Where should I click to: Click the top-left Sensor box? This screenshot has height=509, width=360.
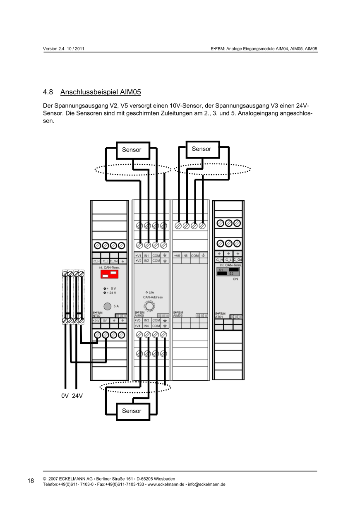pyautogui.click(x=132, y=150)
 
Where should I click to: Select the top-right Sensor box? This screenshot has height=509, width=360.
pyautogui.click(x=202, y=149)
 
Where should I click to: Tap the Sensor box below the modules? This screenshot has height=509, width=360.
pyautogui.click(x=132, y=411)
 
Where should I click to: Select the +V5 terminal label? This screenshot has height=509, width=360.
pyautogui.click(x=177, y=256)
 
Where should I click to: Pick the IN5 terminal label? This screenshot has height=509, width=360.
pyautogui.click(x=185, y=256)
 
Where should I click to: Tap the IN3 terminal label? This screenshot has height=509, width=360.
pyautogui.click(x=146, y=320)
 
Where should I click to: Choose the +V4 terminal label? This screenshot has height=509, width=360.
pyautogui.click(x=138, y=326)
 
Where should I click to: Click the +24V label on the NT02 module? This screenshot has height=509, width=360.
pyautogui.click(x=96, y=321)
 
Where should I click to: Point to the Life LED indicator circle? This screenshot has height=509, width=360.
pyautogui.click(x=147, y=292)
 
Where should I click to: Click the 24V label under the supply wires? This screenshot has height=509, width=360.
pyautogui.click(x=77, y=396)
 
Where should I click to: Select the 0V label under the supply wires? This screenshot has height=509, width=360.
pyautogui.click(x=65, y=396)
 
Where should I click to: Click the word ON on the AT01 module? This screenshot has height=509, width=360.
pyautogui.click(x=235, y=279)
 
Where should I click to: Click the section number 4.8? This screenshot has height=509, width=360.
pyautogui.click(x=48, y=91)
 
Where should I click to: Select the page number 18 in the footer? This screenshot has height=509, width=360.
pyautogui.click(x=31, y=481)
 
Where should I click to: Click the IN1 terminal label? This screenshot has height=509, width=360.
pyautogui.click(x=146, y=256)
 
